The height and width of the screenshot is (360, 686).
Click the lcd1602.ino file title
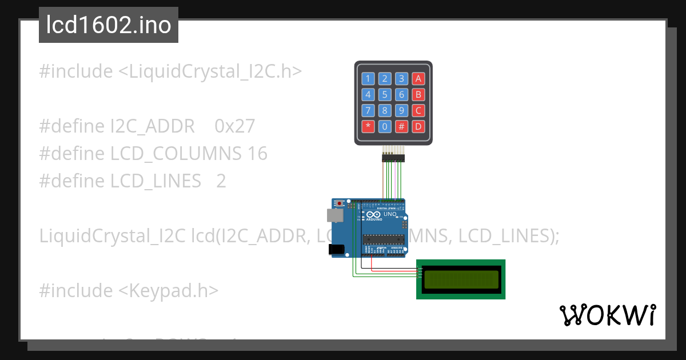click(109, 26)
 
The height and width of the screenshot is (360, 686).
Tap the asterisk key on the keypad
click(368, 126)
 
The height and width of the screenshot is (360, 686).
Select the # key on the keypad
click(402, 126)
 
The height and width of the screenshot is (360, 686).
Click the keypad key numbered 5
click(385, 95)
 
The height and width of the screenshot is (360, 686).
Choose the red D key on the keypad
click(419, 126)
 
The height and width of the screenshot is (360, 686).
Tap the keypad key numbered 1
click(368, 79)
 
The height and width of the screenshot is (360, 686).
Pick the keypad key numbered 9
click(402, 110)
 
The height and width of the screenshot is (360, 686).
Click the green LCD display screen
click(460, 279)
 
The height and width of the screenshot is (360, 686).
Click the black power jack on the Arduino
click(337, 249)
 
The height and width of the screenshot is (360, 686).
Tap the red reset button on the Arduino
click(341, 203)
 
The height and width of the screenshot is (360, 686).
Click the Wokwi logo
click(607, 315)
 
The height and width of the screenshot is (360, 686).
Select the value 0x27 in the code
click(234, 126)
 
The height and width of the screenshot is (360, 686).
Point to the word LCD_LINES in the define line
click(155, 181)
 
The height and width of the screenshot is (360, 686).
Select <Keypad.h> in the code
click(168, 291)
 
